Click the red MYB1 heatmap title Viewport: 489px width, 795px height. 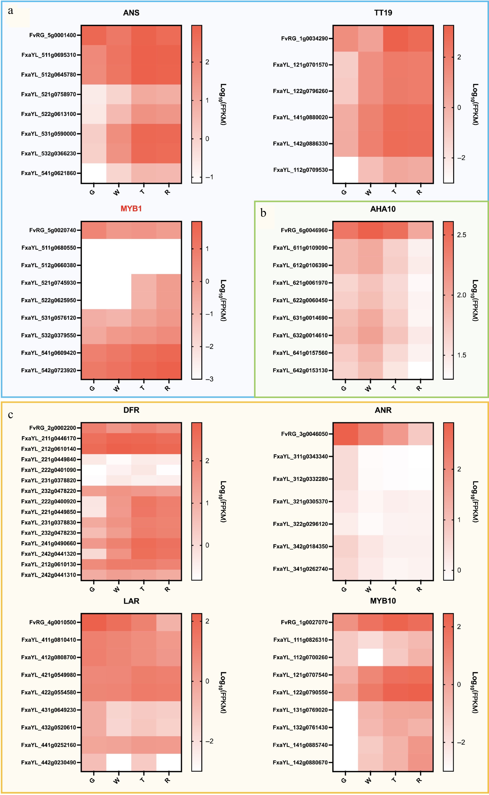pos(131,208)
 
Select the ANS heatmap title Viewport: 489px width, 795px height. pos(131,13)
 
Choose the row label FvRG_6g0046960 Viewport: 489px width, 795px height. pos(304,230)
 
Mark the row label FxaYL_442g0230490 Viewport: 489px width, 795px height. pos(49,762)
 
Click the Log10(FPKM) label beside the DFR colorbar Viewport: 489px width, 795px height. pos(223,502)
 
